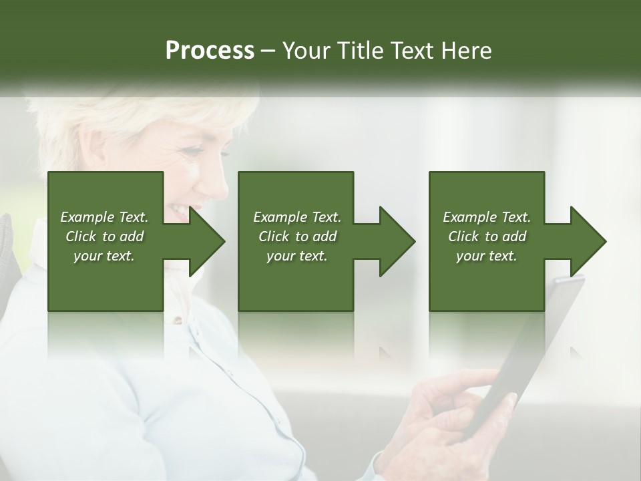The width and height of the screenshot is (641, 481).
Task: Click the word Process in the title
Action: [x=210, y=50]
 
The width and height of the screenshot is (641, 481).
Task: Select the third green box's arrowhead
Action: [x=588, y=241]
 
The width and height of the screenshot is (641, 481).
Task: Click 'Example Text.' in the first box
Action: [x=104, y=217]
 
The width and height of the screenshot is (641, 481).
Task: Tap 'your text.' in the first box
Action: [x=104, y=256]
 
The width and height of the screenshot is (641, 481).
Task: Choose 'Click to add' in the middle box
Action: [x=297, y=236]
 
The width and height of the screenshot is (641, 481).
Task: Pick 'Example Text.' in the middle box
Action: [x=297, y=217]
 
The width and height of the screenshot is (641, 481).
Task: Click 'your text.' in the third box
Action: [x=486, y=256]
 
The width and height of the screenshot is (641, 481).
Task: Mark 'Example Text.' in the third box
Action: [x=486, y=217]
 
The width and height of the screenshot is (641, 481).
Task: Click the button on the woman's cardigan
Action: [x=178, y=321]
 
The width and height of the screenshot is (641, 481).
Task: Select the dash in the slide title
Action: [x=268, y=51]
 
